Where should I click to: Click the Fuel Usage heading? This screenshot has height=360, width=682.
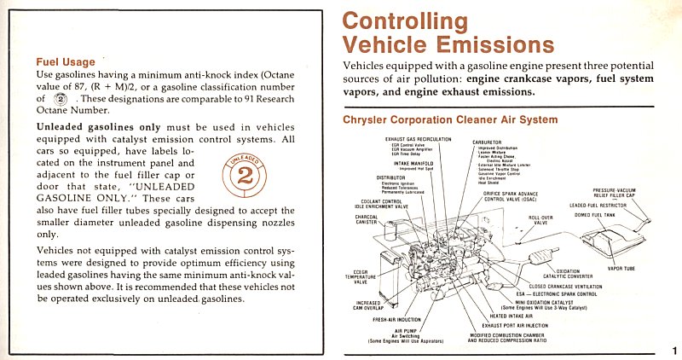[x=65, y=61]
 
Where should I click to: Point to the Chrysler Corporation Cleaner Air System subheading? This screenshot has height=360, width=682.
[x=449, y=120]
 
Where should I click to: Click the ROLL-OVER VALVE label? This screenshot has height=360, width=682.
[x=540, y=219]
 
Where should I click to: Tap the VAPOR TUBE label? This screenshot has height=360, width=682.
[x=621, y=268]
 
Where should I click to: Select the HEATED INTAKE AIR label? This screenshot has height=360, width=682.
[x=515, y=315]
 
